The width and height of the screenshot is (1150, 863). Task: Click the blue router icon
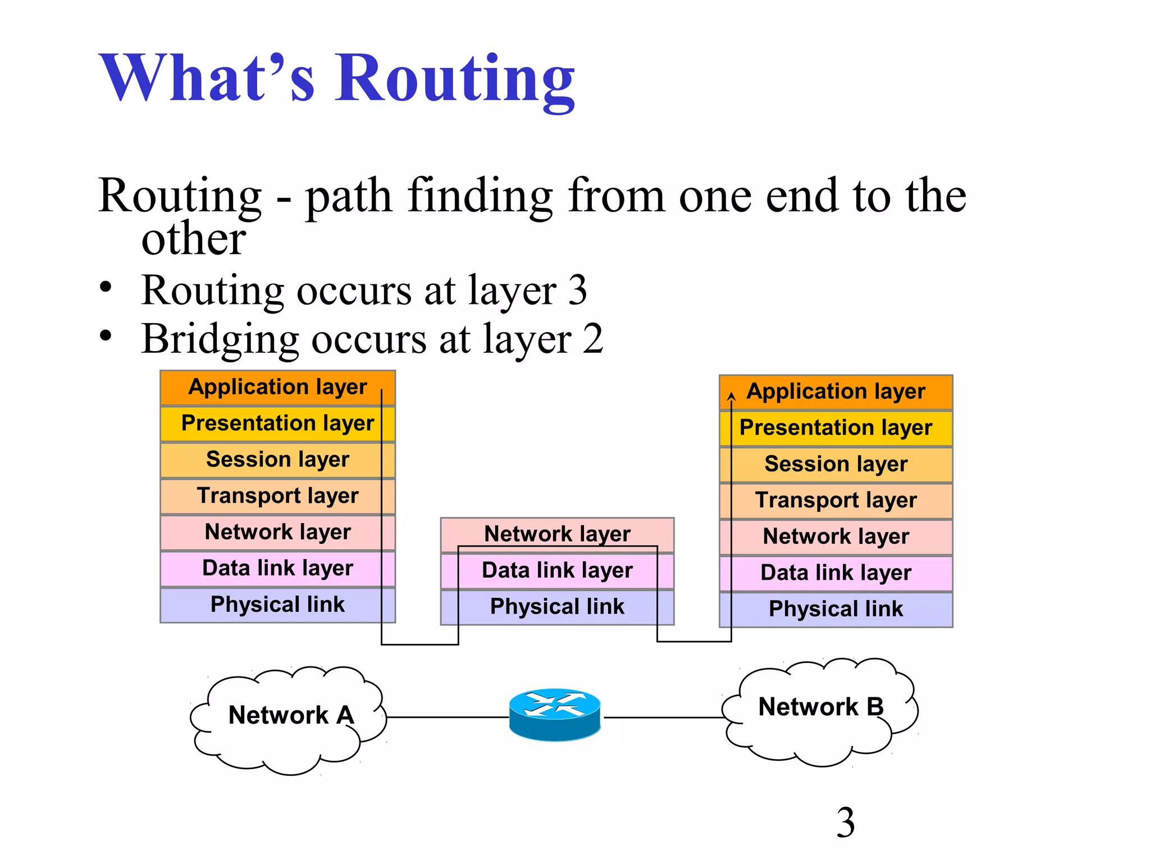[x=555, y=715]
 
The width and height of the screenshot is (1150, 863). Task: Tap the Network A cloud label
[x=291, y=715]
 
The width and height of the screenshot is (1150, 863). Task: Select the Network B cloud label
[x=821, y=707]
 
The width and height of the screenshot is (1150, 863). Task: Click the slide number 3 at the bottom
[x=846, y=823]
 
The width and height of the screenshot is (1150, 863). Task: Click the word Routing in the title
[x=455, y=79]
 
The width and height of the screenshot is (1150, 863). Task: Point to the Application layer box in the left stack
[x=277, y=388]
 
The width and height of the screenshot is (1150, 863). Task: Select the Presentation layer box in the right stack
[x=836, y=428]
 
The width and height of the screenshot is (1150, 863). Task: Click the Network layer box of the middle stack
[x=557, y=533]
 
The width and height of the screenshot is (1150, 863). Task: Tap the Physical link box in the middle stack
[x=557, y=607]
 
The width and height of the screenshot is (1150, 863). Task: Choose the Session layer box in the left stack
[x=277, y=460]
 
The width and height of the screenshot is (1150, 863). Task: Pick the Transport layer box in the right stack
[x=836, y=501]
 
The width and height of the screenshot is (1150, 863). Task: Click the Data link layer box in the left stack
[x=277, y=569]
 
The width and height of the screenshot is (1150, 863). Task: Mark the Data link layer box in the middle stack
[x=557, y=571]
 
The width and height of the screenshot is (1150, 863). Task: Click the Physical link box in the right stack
[x=836, y=609]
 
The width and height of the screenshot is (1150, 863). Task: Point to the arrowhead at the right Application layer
[x=731, y=396]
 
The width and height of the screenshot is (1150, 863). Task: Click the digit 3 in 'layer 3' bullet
[x=577, y=290]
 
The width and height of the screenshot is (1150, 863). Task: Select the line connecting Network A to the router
[x=448, y=717]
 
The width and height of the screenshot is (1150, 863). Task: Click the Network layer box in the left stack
[x=277, y=532]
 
